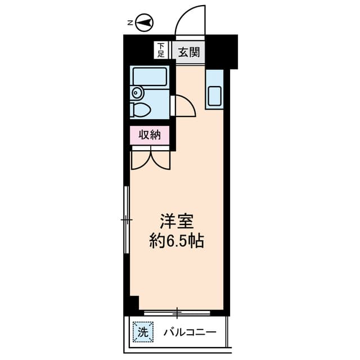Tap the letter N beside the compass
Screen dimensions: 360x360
click(130, 23)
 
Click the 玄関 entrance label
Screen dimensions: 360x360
click(189, 53)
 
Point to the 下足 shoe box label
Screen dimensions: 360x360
click(161, 51)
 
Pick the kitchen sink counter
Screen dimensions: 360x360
click(214, 90)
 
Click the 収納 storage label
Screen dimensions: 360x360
click(150, 135)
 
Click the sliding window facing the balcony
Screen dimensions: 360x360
click(177, 312)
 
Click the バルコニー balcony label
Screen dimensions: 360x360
click(190, 332)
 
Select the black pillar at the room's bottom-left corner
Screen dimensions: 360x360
click(131, 305)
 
